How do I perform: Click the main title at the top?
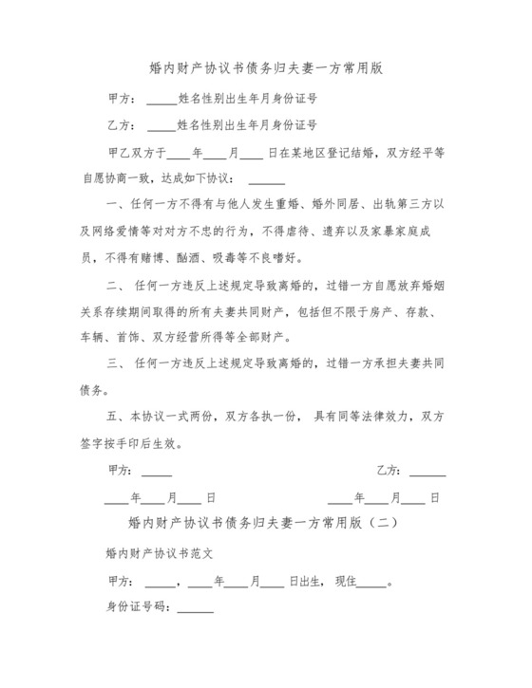(266, 68)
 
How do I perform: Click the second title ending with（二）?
(265, 522)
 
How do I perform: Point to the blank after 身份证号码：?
(196, 608)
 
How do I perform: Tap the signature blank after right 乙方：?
(427, 471)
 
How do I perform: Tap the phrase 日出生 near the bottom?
(304, 581)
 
